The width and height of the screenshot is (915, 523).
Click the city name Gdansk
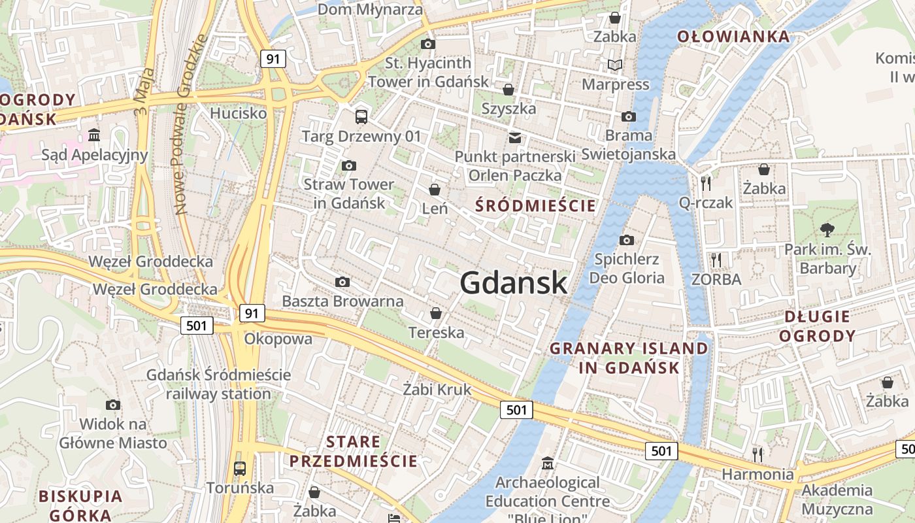[x=514, y=282]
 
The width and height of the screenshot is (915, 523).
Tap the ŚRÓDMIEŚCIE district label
[x=536, y=206]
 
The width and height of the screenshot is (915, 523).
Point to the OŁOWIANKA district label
[x=733, y=37]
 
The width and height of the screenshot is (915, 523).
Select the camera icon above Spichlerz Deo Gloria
[x=626, y=240]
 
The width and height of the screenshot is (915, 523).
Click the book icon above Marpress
[x=615, y=65]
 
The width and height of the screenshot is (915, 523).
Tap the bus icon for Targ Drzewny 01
[x=361, y=117]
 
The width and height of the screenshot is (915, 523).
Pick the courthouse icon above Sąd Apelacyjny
[x=94, y=135]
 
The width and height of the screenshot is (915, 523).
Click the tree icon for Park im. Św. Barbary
[x=827, y=229]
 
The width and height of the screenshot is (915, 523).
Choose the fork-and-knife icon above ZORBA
[x=716, y=260]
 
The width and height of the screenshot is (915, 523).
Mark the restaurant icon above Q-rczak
[x=705, y=182]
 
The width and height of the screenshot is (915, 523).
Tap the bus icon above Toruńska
[x=240, y=468]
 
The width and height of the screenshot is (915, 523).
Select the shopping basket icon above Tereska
[x=436, y=313]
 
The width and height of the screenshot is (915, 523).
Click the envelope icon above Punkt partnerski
[x=515, y=137]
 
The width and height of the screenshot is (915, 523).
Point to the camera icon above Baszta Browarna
[x=342, y=282]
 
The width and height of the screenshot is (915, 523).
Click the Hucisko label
[x=239, y=113]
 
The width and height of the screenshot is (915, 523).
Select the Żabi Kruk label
[x=437, y=390]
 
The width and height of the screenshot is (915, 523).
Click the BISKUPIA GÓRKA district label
[x=80, y=505]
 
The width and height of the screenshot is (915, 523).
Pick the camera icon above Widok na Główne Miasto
[x=113, y=405]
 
